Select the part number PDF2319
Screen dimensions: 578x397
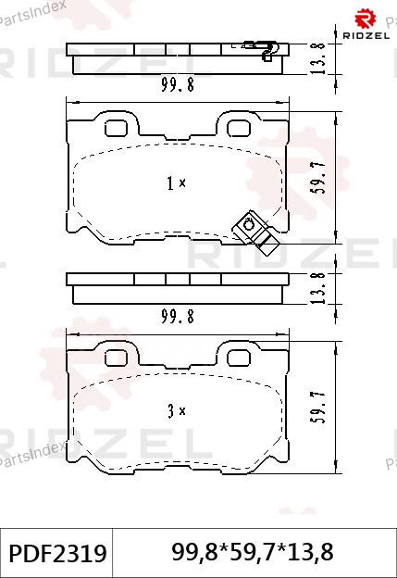pyautogui.click(x=56, y=553)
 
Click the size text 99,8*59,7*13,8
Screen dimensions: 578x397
pyautogui.click(x=253, y=553)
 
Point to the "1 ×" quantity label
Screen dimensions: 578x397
pyautogui.click(x=176, y=183)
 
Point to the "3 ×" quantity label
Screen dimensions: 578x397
pyautogui.click(x=176, y=409)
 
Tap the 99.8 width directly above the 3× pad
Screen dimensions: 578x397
pyautogui.click(x=176, y=316)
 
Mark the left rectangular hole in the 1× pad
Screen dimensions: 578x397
pyautogui.click(x=118, y=126)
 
